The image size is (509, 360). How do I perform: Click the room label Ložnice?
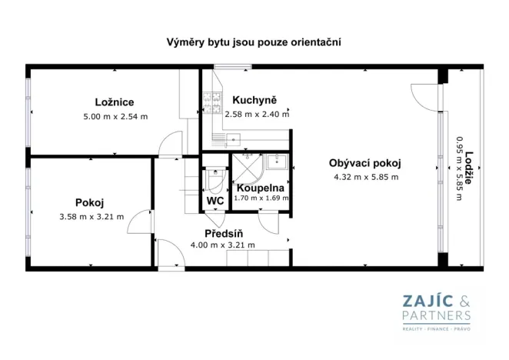click(115, 102)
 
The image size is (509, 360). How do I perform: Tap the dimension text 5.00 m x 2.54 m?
click(115, 116)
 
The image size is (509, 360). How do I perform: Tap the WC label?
click(215, 201)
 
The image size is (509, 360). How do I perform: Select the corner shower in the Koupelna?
click(246, 167)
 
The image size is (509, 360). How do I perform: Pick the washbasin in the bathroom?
click(278, 162)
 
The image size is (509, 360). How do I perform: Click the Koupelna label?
click(261, 188)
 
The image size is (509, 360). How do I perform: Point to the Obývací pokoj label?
click(365, 162)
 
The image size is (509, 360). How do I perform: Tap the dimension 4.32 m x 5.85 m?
click(365, 177)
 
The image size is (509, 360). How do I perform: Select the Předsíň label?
click(223, 233)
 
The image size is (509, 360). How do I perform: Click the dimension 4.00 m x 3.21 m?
click(223, 245)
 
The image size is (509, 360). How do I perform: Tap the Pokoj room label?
click(90, 202)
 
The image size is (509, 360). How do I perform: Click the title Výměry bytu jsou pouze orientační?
click(254, 42)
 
